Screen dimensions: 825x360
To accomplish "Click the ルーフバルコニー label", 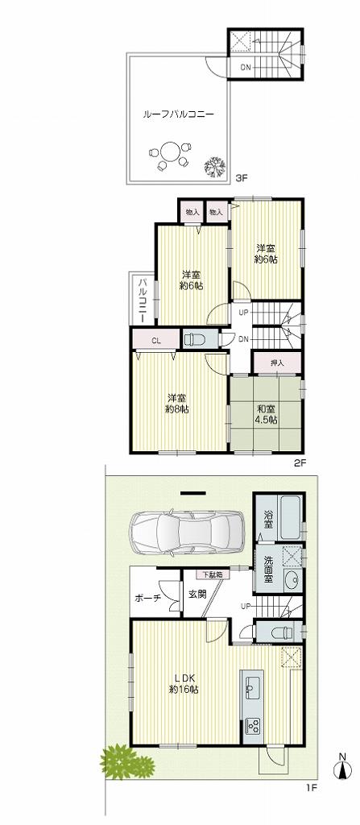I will (178, 115).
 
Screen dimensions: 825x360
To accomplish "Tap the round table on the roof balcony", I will (170, 152).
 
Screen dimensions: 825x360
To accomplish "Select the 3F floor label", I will (241, 178).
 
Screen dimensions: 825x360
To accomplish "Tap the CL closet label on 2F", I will (156, 340).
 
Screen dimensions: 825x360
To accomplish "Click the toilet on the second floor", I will (195, 339).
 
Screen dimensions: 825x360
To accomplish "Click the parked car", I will (186, 533).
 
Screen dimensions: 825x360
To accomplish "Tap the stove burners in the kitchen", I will (251, 726).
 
